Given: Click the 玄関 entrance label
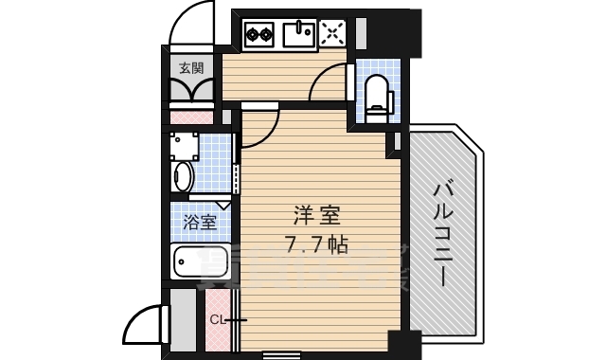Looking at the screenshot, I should [191, 67].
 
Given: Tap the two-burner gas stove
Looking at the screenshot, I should [258, 36].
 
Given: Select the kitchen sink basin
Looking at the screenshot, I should [298, 36].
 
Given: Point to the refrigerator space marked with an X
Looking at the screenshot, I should [333, 35].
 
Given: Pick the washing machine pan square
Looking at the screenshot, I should [185, 147].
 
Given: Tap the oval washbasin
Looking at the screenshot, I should [183, 177].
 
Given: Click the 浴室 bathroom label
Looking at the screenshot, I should [199, 224].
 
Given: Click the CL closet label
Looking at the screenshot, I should [217, 319].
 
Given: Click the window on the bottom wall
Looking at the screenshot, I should [275, 355].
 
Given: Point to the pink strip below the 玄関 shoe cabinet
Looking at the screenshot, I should [191, 117].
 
